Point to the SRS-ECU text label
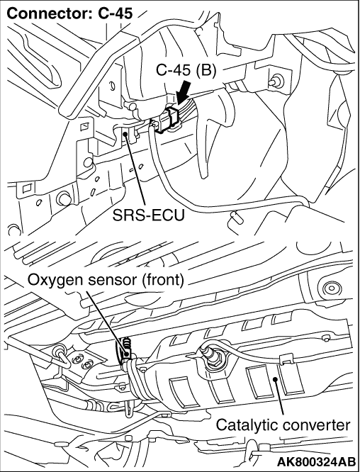148,215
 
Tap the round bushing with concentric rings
331,288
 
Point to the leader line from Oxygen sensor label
107,322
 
